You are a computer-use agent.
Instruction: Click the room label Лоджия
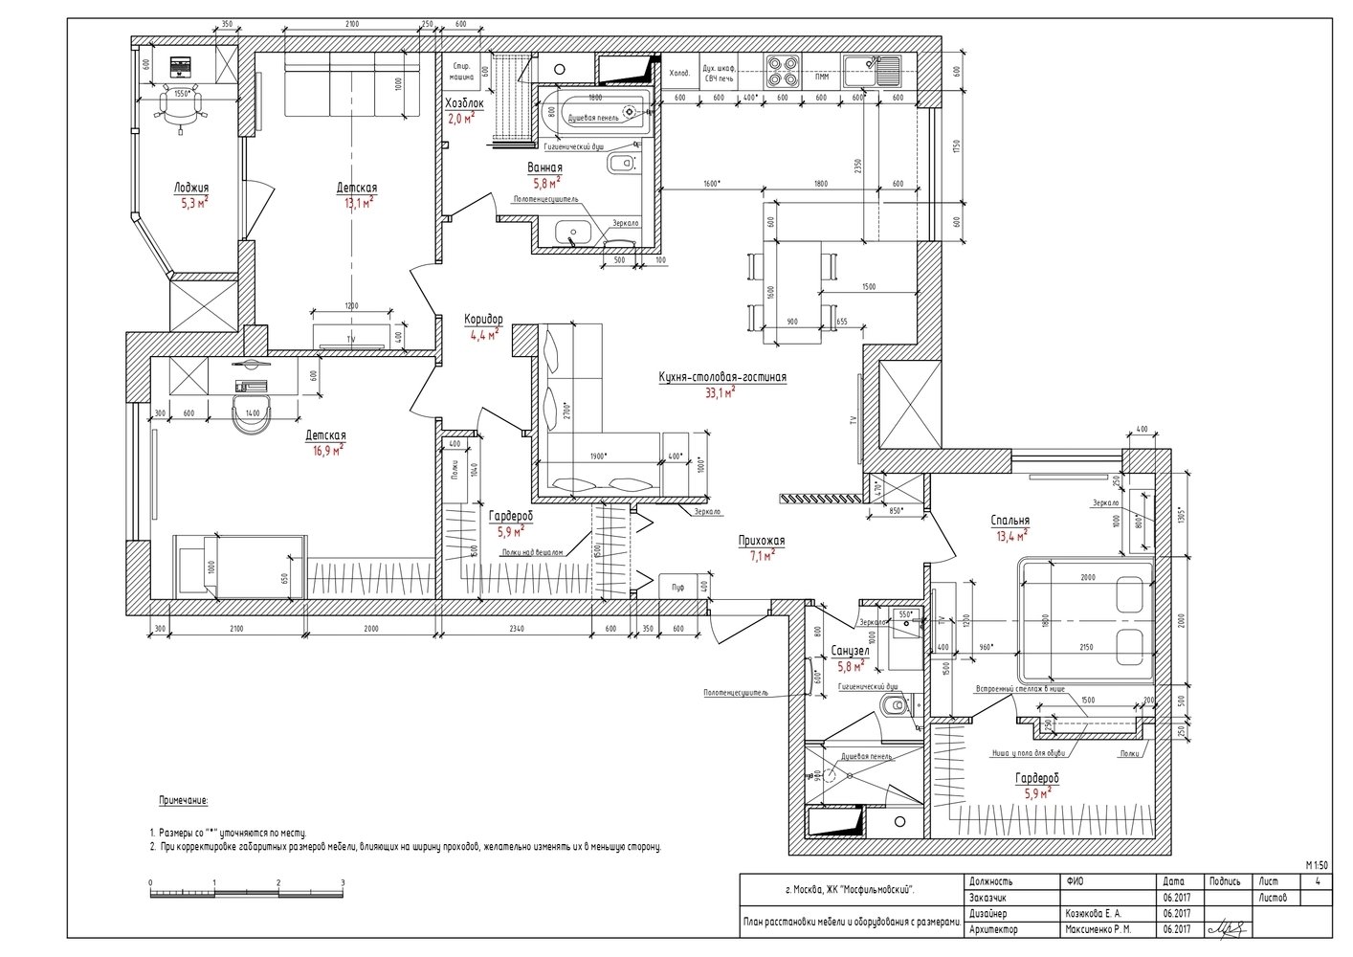point(191,189)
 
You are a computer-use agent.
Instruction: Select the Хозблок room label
point(465,103)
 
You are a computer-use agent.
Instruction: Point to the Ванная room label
point(545,168)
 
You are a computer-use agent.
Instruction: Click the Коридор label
point(483,321)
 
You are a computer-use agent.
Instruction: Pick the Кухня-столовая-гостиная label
point(722,378)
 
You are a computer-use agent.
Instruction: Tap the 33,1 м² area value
point(720,392)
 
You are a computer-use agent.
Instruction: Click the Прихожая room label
point(762,540)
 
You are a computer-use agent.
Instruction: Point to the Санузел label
point(850,651)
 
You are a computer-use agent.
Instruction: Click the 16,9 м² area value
point(325,450)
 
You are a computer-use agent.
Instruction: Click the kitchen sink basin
point(883,66)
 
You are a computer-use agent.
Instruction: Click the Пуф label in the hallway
point(677,586)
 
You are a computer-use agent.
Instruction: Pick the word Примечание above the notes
point(182,800)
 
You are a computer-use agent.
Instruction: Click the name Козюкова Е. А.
point(1092,914)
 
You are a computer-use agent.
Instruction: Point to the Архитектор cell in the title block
point(993,929)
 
